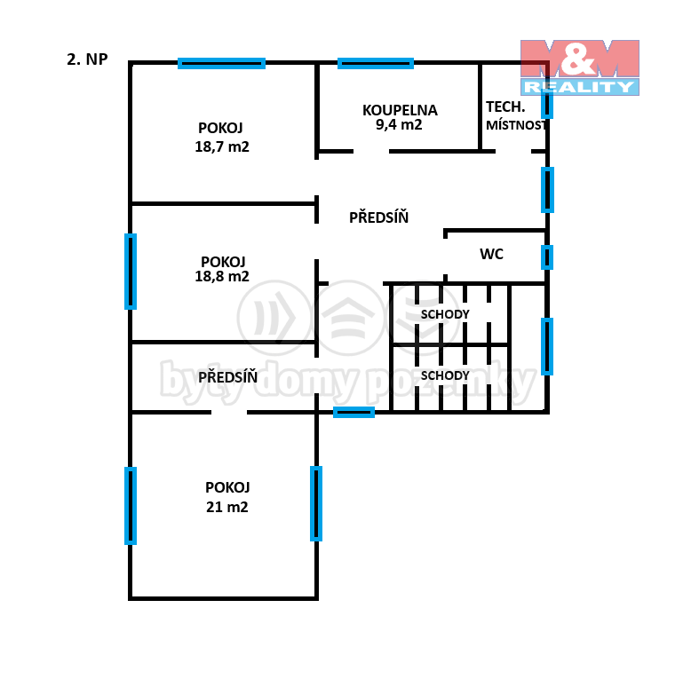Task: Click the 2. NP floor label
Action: tap(87, 59)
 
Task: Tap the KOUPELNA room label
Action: tap(400, 110)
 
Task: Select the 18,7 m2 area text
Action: tap(222, 146)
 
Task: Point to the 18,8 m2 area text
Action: tap(222, 276)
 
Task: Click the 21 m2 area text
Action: tap(226, 507)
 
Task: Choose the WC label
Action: tap(492, 254)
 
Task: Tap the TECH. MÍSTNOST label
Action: tap(516, 116)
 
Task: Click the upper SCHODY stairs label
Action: tap(445, 314)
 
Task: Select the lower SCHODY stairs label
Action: tap(445, 375)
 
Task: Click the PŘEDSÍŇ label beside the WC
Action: tap(379, 217)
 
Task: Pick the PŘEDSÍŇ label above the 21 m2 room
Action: tap(227, 377)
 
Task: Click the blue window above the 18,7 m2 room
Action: tap(221, 63)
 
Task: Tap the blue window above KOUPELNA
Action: tap(376, 63)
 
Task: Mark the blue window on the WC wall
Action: tap(547, 257)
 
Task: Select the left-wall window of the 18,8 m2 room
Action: tap(131, 272)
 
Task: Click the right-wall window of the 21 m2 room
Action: tap(316, 503)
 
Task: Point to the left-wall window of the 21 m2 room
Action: tap(131, 506)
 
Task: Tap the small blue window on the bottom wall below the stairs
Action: tap(354, 413)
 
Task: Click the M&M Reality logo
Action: tap(580, 67)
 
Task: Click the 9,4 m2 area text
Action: tap(399, 124)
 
